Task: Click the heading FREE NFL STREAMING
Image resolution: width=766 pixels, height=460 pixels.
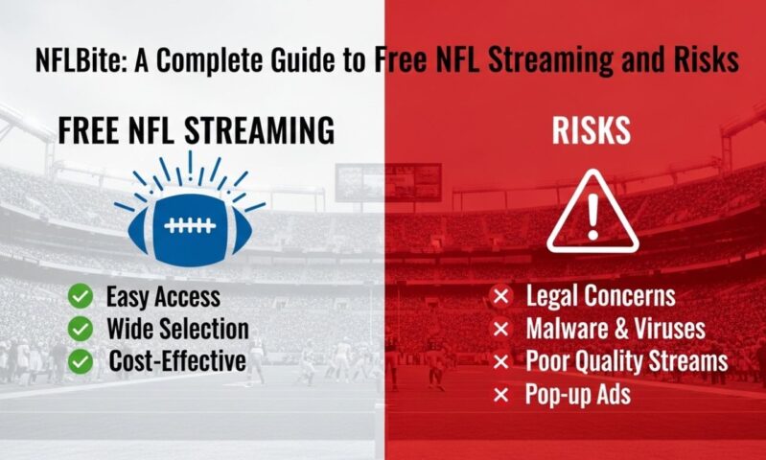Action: [196, 131]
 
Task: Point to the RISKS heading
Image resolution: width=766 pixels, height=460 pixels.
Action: [592, 132]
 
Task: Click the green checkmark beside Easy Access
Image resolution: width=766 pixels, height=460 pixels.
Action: [81, 297]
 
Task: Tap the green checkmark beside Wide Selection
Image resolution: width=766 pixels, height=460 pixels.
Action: [81, 329]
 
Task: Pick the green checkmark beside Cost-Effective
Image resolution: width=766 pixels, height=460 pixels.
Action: [81, 360]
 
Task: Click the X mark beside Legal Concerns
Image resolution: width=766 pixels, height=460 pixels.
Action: [499, 297]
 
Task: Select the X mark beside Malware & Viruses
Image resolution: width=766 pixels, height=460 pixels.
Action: [499, 330]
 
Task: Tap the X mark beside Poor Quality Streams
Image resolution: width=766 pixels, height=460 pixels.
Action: [499, 362]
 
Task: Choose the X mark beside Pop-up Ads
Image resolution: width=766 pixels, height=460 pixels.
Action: [499, 395]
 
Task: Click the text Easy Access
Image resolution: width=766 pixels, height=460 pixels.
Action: [164, 297]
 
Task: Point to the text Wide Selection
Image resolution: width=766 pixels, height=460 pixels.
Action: [178, 329]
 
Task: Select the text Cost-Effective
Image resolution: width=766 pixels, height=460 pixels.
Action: [177, 360]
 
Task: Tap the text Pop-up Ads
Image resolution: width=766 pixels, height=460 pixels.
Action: [578, 395]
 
